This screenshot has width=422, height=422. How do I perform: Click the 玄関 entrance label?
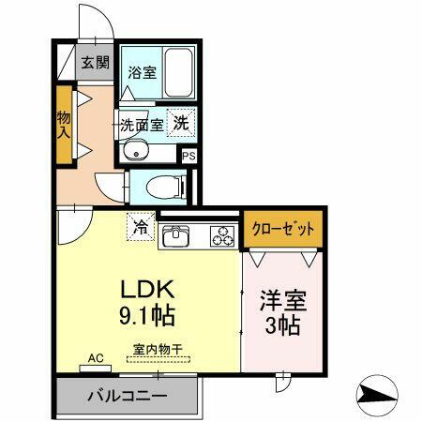coord(94,64)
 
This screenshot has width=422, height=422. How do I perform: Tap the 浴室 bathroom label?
coord(143,72)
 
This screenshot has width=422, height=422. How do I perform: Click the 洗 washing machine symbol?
coord(184,121)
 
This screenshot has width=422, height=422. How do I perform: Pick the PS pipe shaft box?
coord(190,157)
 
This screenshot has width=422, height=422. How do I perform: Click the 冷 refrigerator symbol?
coord(140,227)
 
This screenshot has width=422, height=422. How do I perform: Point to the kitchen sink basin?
coord(176,237)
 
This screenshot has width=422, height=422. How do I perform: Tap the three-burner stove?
coord(222,237)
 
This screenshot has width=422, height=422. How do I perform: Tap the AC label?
coord(95,357)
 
